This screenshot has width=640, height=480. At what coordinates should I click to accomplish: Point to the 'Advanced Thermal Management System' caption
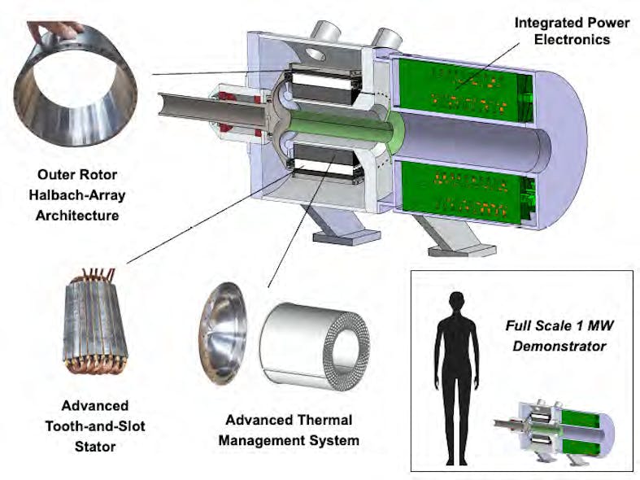coord(289,430)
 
